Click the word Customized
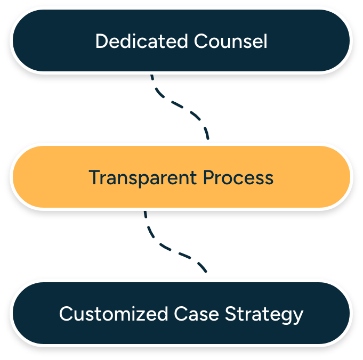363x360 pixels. (x=114, y=314)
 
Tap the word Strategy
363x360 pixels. (x=264, y=314)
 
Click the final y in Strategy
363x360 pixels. (x=298, y=316)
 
